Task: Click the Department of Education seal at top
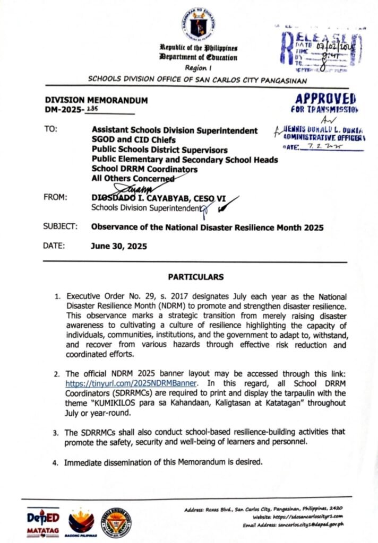click(198, 24)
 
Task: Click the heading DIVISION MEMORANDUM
click(96, 100)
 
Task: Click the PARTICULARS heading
click(196, 277)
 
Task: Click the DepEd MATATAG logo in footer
click(44, 523)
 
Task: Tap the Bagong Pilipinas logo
click(81, 523)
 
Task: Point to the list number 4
click(55, 463)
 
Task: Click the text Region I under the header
click(198, 68)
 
